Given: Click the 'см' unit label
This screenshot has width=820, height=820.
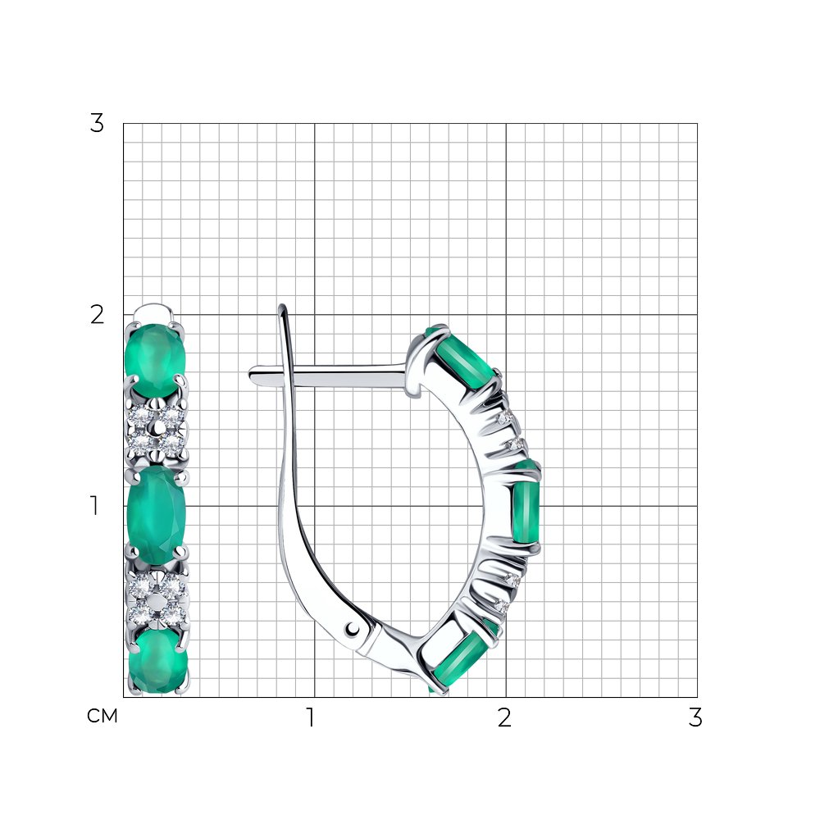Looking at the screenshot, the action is [102, 716].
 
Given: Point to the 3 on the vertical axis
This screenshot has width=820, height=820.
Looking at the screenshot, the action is [97, 124].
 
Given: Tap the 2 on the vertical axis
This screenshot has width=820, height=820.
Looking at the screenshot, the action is [97, 315].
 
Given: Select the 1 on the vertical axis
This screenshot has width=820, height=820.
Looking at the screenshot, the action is [94, 506].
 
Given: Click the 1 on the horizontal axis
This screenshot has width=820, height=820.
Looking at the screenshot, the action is [311, 717].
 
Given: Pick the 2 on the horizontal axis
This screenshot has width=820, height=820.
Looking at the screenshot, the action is [504, 717].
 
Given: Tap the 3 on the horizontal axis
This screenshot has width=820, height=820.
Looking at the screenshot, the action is [695, 717].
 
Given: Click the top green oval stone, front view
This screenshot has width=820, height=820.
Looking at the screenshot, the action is [155, 360].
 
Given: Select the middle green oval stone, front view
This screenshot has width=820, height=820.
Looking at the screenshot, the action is [157, 515].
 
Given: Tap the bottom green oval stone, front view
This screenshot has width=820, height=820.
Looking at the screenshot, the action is [158, 661].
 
